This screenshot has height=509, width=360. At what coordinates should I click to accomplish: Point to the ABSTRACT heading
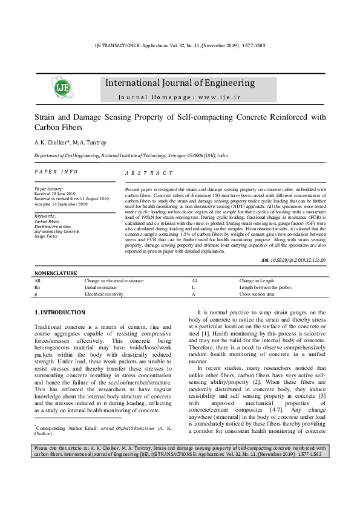(x=148, y=173)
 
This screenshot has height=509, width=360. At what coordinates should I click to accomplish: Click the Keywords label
(x=45, y=216)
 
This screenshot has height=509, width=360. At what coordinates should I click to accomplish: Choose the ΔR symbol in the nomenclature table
(x=38, y=281)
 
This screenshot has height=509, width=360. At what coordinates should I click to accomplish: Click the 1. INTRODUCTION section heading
(x=59, y=312)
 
